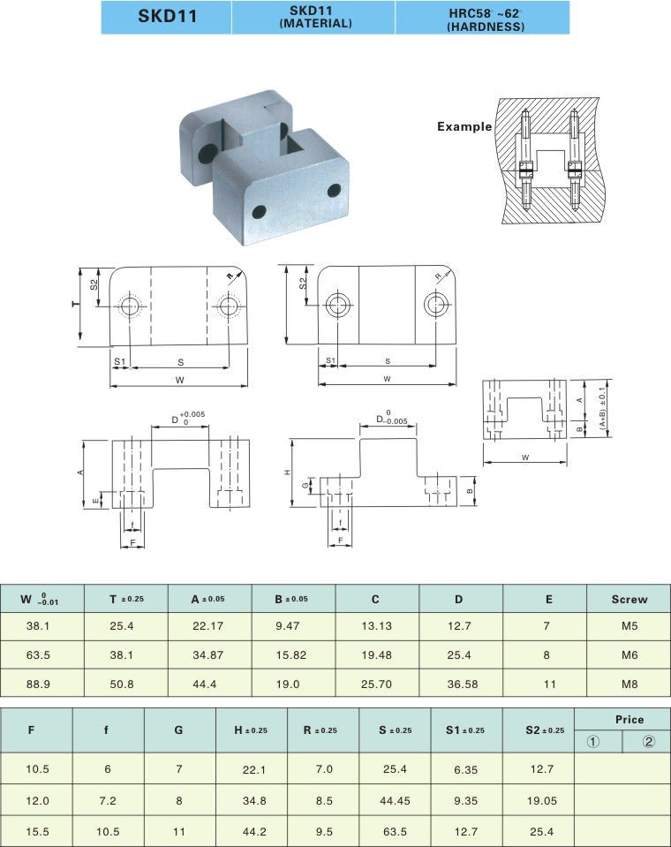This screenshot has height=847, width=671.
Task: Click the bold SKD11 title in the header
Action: [167, 18]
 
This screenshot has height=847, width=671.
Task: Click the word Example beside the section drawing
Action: [464, 127]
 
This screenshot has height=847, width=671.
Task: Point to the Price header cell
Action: [622, 719]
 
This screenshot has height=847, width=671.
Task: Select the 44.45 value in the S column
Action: [395, 798]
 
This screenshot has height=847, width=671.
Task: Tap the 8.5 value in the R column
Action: [323, 798]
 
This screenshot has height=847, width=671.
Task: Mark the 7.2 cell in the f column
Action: [108, 798]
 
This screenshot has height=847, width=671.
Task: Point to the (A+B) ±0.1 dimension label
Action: [603, 408]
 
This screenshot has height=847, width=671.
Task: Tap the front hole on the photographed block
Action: [258, 212]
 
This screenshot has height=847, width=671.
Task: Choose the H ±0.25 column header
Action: [251, 730]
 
